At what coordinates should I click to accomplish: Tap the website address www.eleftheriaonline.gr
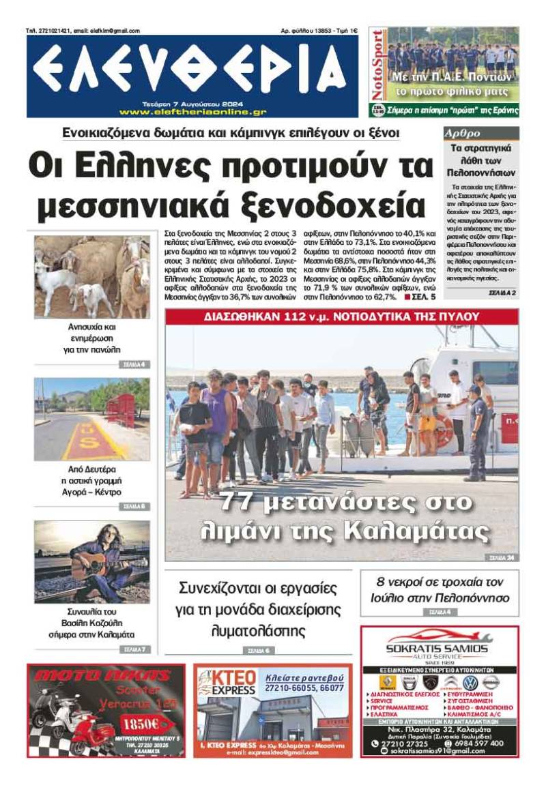(x=192, y=112)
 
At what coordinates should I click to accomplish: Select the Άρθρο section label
(x=463, y=134)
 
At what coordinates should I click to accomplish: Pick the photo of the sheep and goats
(x=91, y=276)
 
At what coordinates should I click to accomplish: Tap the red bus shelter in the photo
(x=121, y=411)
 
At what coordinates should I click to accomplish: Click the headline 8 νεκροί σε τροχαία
(x=440, y=590)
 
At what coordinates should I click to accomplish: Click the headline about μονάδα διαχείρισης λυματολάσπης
(x=259, y=608)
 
